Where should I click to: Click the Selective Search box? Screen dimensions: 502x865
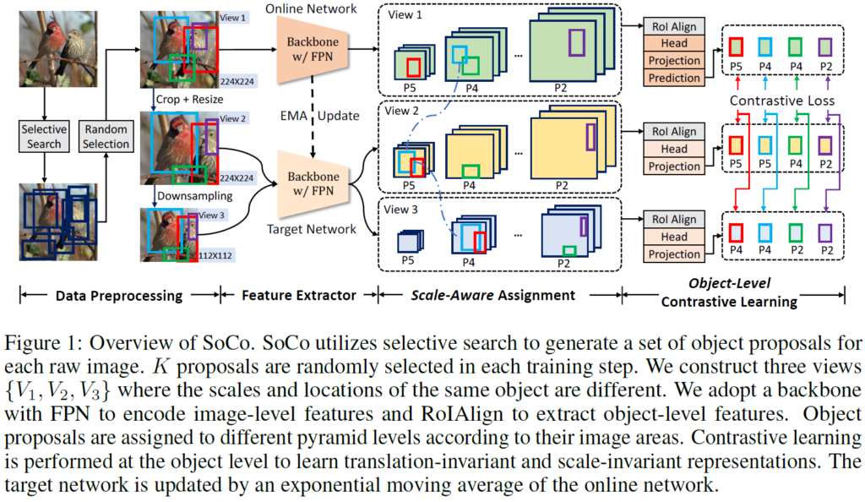(x=42, y=137)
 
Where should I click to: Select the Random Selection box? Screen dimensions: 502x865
(x=106, y=137)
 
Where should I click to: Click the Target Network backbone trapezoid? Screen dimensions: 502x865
(x=312, y=181)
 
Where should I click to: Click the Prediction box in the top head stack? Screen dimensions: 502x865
(x=673, y=78)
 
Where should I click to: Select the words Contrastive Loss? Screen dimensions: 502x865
(x=781, y=101)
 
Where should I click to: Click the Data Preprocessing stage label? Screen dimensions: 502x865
(x=118, y=295)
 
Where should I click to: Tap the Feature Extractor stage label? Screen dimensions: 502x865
(x=299, y=295)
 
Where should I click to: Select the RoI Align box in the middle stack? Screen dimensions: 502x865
(x=673, y=132)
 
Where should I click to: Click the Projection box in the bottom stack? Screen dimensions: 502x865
(x=673, y=254)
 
